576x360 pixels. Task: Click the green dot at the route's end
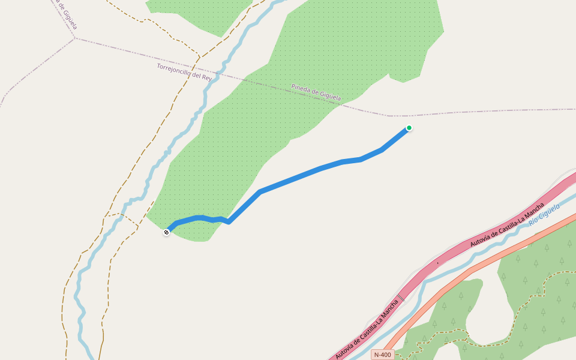(409, 128)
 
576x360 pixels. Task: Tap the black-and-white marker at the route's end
(166, 232)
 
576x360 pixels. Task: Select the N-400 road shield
(382, 355)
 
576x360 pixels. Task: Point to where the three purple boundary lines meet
(75, 38)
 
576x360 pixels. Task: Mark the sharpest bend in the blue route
(229, 221)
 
